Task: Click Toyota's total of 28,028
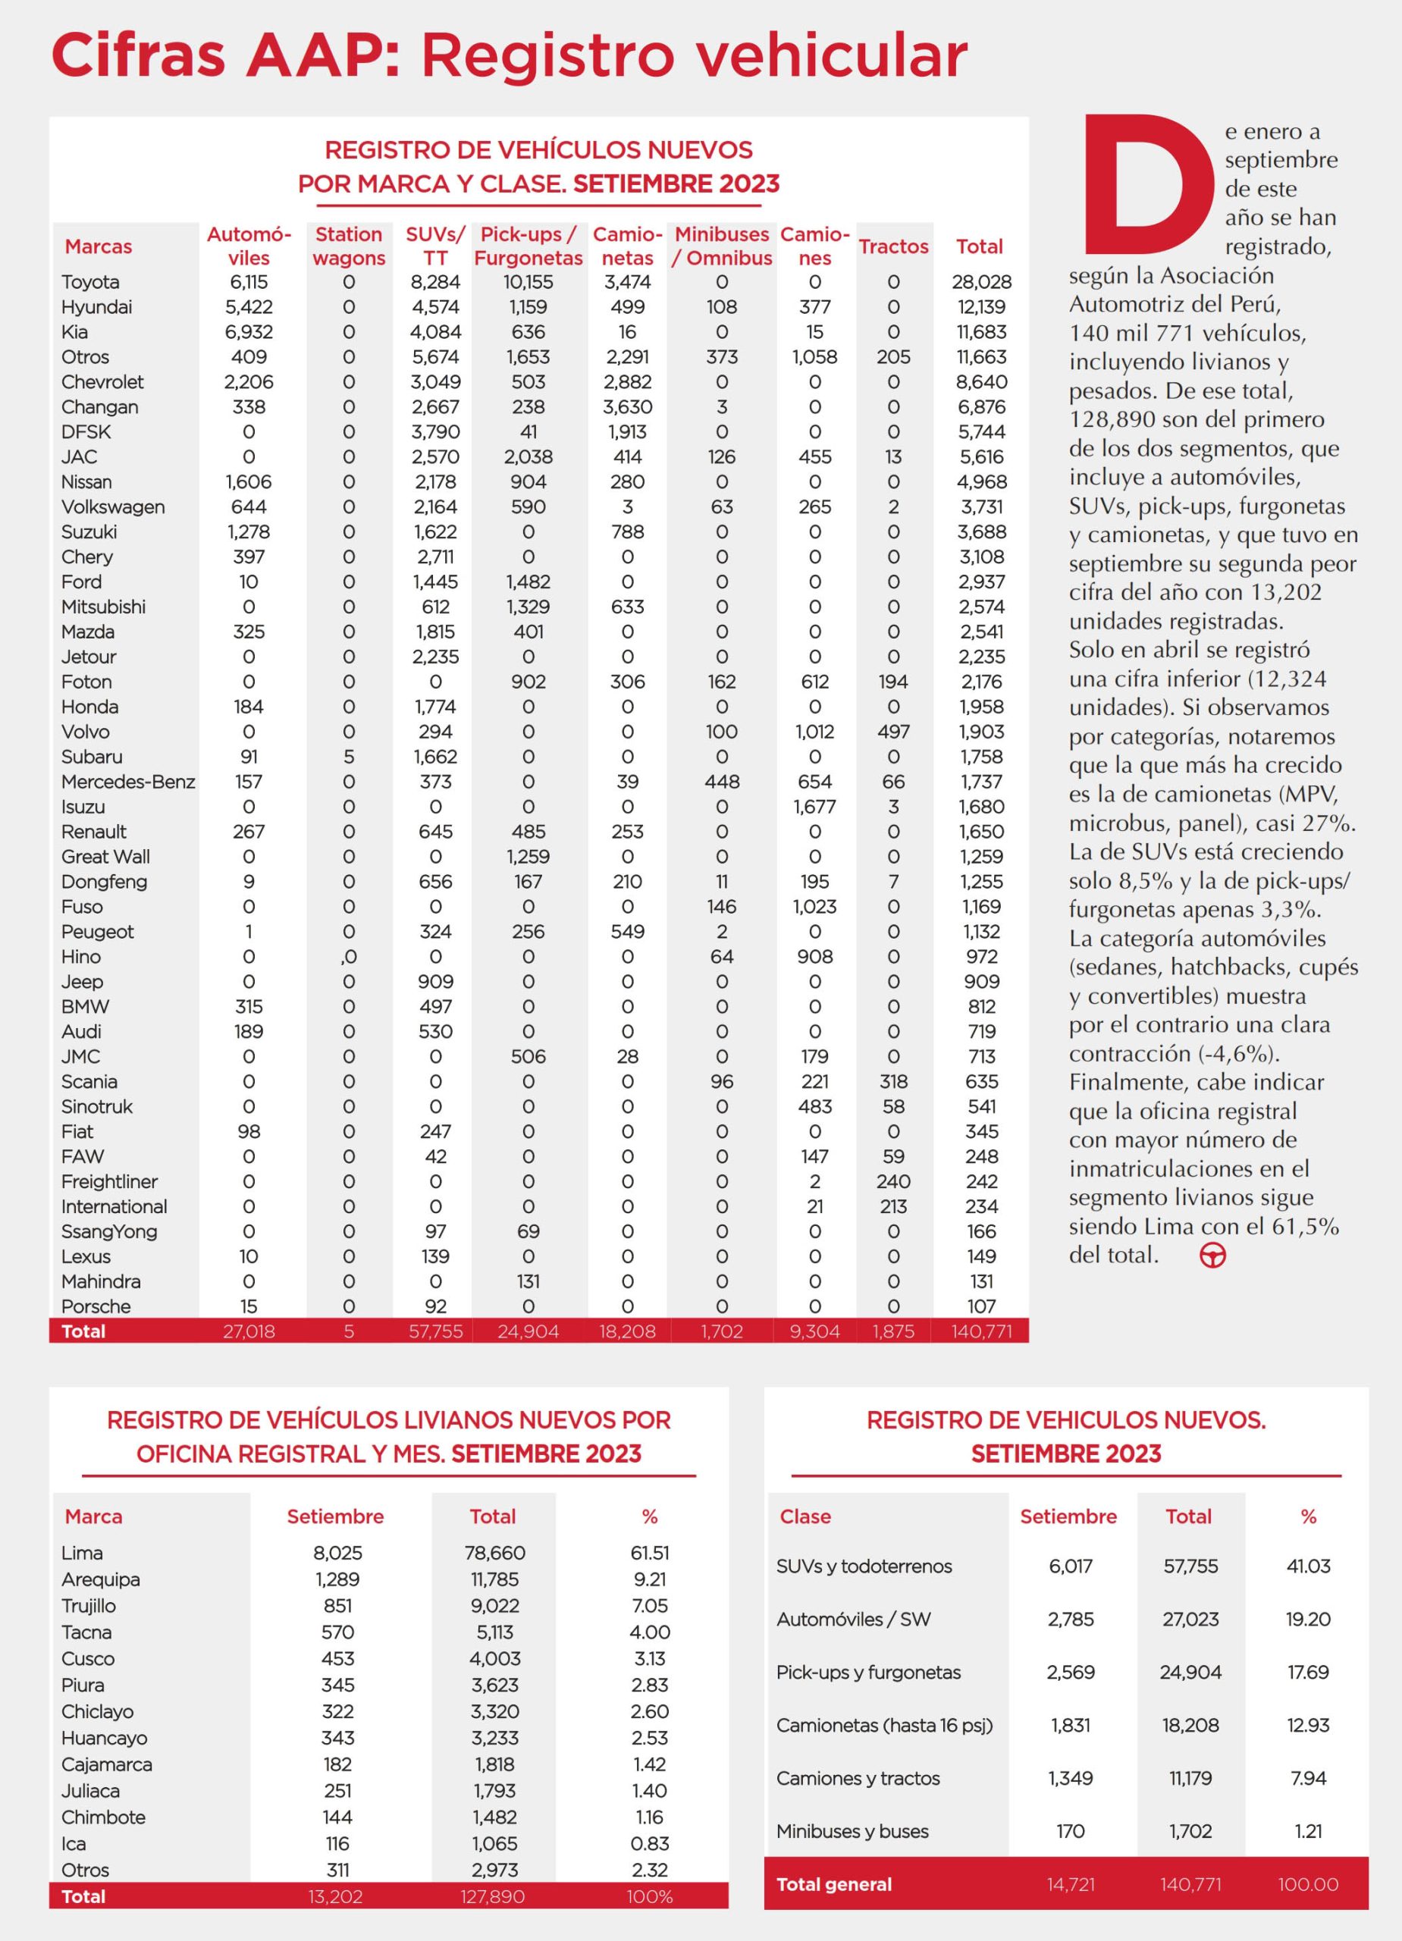(x=981, y=281)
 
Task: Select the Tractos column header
(x=893, y=246)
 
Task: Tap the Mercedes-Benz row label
(x=127, y=782)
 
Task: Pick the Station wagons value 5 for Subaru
(x=348, y=757)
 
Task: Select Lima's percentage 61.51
(x=650, y=1553)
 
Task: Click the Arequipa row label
(x=100, y=1579)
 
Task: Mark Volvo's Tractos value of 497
(x=893, y=732)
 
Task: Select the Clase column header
(x=805, y=1516)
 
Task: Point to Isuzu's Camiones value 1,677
(x=814, y=806)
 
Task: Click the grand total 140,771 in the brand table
(x=981, y=1331)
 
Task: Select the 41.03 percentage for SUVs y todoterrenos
(x=1308, y=1566)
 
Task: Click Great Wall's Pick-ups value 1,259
(x=528, y=857)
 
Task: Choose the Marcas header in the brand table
(x=99, y=246)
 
